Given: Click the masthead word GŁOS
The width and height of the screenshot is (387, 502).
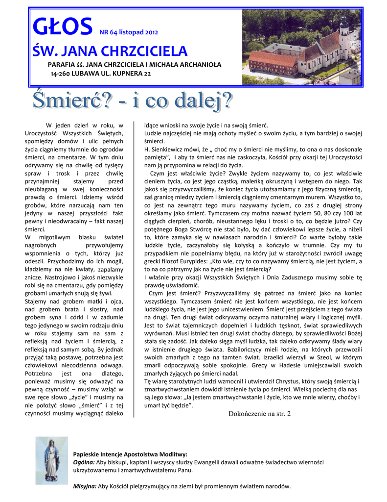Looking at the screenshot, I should [62, 27].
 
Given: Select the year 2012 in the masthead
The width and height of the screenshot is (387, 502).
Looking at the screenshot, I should [149, 33].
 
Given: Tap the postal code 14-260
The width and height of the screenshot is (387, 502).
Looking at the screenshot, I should [61, 74].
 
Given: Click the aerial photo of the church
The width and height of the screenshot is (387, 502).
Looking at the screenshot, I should [301, 47].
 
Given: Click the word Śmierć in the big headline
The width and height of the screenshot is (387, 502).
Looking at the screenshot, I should [72, 102].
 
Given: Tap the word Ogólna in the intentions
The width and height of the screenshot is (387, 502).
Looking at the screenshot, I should [84, 462].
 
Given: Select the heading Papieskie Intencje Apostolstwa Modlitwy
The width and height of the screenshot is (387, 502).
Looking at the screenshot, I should [130, 454].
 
